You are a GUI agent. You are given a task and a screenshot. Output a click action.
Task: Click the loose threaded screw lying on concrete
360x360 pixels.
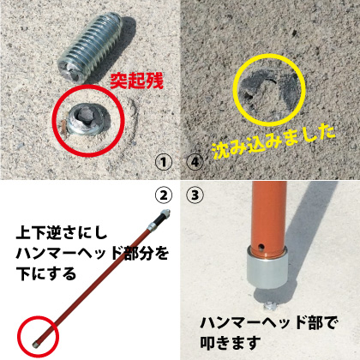click(x=90, y=47)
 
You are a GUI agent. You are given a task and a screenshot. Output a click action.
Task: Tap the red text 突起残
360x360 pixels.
click(x=136, y=81)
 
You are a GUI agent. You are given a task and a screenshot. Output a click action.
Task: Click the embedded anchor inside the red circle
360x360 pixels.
click(x=87, y=118)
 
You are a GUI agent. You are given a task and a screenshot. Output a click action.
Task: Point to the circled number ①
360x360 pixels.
click(x=164, y=162)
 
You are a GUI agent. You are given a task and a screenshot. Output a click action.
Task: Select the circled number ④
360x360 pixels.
click(x=195, y=162)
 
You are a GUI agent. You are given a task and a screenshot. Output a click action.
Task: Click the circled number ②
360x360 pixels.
click(x=164, y=195)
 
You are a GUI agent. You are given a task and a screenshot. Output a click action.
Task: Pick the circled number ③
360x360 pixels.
click(x=195, y=195)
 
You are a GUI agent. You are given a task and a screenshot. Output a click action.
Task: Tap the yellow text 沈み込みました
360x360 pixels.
click(x=273, y=141)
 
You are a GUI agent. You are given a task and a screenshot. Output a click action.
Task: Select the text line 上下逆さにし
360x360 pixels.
click(x=62, y=233)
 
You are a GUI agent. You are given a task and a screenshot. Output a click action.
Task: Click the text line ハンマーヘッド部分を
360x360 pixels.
click(x=92, y=253)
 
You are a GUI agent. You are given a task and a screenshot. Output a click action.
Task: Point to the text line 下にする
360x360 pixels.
click(x=46, y=273)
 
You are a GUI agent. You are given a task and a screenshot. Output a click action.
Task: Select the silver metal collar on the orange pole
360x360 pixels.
click(x=267, y=269)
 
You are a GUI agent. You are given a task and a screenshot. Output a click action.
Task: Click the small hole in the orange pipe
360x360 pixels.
click(x=261, y=246)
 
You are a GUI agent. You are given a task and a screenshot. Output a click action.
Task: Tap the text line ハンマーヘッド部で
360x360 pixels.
click(x=269, y=323)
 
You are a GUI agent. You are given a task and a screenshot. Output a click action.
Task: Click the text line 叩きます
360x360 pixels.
click(x=231, y=343)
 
